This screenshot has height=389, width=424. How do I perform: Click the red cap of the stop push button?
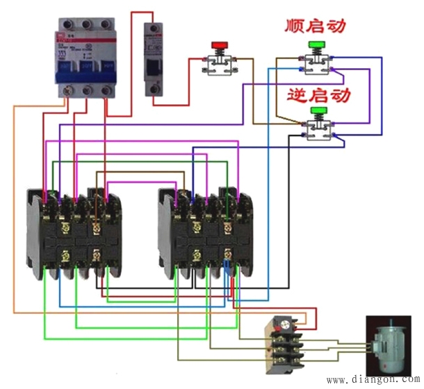tap(220, 45)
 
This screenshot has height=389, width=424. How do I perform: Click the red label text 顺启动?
tap(316, 26)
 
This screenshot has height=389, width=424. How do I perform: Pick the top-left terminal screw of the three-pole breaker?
tap(67, 24)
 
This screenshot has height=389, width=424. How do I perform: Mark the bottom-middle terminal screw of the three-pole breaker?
tap(86, 90)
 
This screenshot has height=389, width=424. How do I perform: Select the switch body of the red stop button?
tap(220, 63)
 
